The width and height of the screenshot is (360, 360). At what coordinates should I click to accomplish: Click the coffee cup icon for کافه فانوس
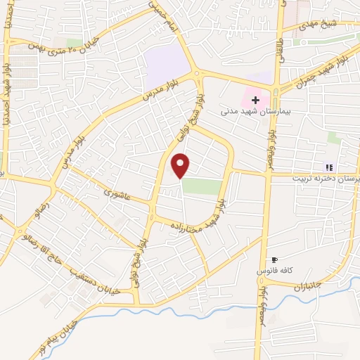pyautogui.click(x=274, y=260)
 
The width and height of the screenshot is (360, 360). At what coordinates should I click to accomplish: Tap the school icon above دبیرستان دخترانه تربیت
pyautogui.click(x=328, y=167)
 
